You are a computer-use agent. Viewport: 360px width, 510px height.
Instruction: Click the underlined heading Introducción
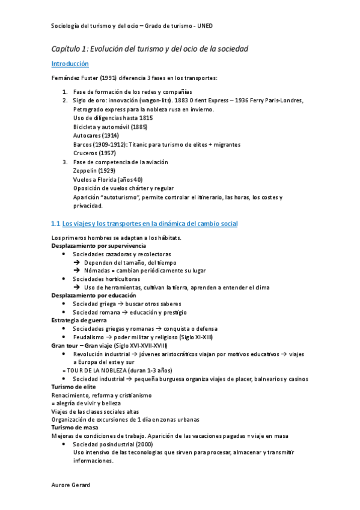[x=70, y=63]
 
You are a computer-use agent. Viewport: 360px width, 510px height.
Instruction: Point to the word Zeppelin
[x=85, y=171]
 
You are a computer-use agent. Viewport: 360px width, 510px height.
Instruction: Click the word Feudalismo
[x=91, y=337]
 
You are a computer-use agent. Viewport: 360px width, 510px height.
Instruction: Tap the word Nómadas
[x=99, y=271]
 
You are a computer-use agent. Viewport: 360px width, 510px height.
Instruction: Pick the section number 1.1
[x=56, y=224]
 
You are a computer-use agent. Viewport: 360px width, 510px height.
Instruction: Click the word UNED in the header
[x=204, y=26]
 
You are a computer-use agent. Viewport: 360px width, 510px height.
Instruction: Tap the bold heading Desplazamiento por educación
[x=94, y=296]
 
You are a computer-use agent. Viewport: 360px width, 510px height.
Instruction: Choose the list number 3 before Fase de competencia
[x=65, y=162]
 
